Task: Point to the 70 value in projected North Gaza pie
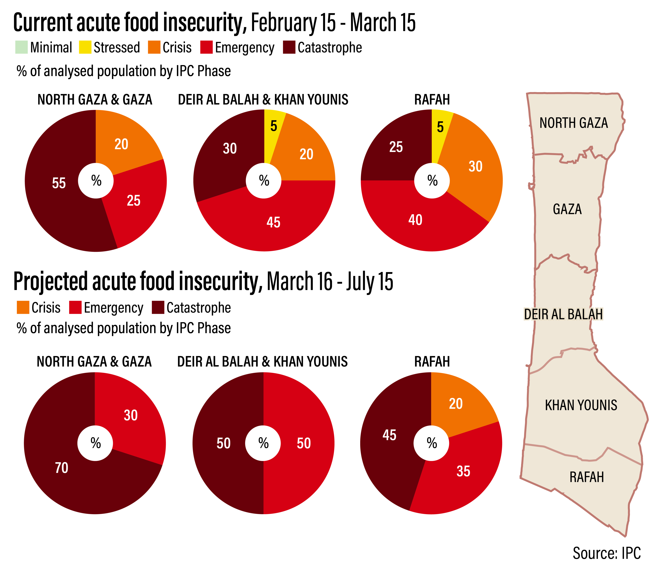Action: pos(62,468)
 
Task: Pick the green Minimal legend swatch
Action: pos(21,47)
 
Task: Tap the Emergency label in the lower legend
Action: pos(113,308)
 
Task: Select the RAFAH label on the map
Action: pos(587,477)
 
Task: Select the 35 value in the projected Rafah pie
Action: pos(463,471)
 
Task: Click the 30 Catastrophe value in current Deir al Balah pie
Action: pos(230,149)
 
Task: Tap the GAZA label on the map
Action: pos(567,209)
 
